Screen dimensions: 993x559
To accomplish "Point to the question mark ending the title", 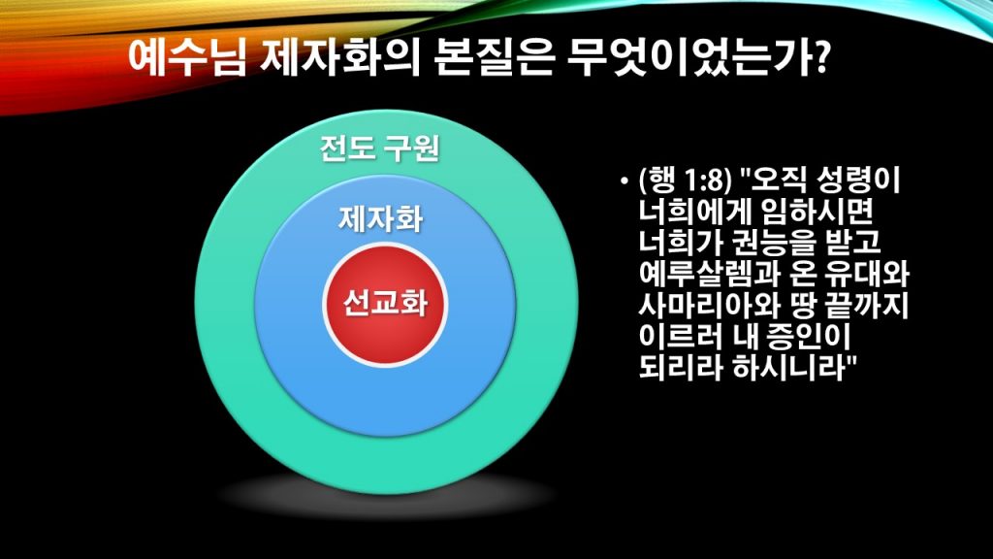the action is point(818,57).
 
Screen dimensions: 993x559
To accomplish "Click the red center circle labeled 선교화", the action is point(385,304).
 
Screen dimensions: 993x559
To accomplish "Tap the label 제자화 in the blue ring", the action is point(380,219).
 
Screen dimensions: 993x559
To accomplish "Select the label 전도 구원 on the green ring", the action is point(380,148).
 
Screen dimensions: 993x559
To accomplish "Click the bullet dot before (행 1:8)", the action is point(625,182).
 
